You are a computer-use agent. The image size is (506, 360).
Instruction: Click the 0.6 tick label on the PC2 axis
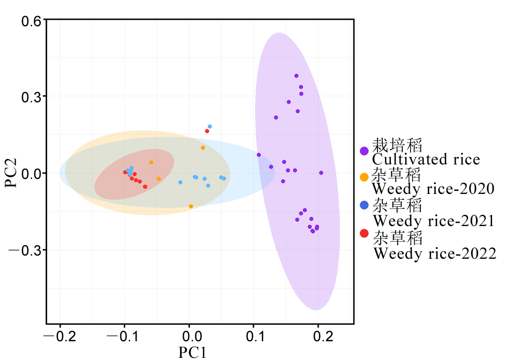point(32,21)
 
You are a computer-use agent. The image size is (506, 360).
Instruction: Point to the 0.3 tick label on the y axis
point(32,97)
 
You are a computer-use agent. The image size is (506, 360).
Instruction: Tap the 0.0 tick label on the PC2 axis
point(32,174)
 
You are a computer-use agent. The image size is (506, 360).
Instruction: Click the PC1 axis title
point(192,352)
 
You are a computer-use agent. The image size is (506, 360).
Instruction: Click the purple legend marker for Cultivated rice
point(364,152)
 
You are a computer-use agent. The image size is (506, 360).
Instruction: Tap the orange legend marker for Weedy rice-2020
point(364,177)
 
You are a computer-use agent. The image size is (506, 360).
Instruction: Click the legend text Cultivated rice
point(426,159)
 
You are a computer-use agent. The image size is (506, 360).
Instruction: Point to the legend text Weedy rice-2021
point(434,220)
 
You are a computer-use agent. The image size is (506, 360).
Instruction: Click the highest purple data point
point(296,76)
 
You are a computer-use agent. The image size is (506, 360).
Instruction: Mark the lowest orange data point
point(191,206)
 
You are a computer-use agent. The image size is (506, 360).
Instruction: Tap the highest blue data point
point(210,126)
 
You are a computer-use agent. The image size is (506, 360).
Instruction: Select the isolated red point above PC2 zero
point(207,131)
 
